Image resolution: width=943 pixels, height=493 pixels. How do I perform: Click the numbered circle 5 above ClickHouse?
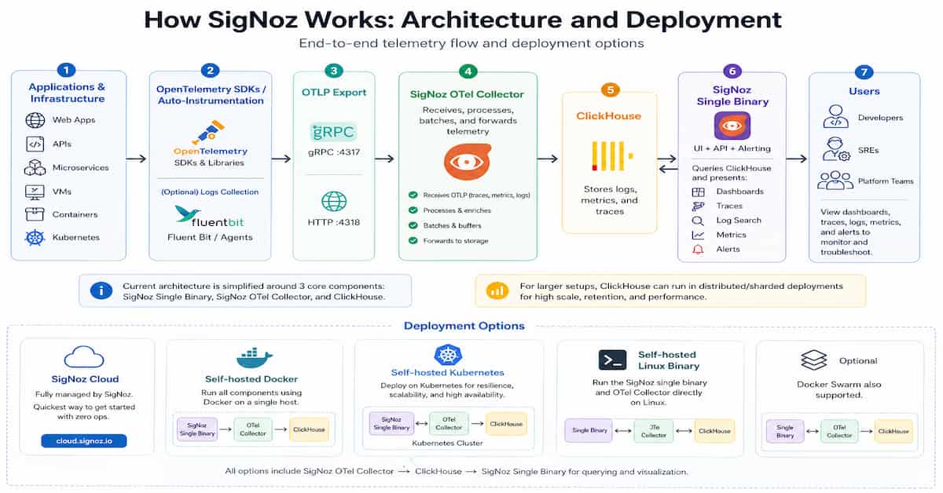coord(608,89)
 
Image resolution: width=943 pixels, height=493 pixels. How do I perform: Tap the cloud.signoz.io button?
coord(84,440)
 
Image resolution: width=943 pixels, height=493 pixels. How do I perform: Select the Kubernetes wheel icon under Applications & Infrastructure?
coord(35,237)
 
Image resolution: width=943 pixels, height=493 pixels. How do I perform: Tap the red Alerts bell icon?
coord(698,249)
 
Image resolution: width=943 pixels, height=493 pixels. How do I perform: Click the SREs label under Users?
coord(868,149)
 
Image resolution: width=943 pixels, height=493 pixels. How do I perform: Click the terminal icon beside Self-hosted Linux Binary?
coord(612,360)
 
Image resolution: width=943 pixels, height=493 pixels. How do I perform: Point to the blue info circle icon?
coord(101,290)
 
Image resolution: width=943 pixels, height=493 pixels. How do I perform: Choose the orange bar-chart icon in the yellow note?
coord(497,290)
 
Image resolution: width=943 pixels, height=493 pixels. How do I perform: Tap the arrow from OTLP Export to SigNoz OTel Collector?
coord(384,159)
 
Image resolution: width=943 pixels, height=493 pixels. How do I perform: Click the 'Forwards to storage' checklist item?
coord(455,240)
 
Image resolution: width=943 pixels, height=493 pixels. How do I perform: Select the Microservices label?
coord(80,167)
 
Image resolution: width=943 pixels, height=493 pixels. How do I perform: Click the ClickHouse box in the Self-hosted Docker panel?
coord(310,429)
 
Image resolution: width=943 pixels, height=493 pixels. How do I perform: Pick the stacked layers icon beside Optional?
coord(813,360)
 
